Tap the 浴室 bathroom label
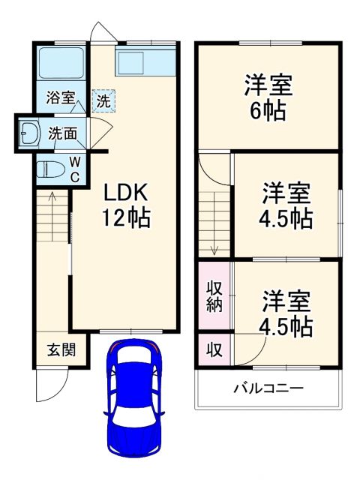click(x=61, y=97)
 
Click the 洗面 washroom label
click(x=62, y=134)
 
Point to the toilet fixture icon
click(x=49, y=167)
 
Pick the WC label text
click(x=76, y=169)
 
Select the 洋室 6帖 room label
click(x=268, y=97)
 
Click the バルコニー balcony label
click(x=268, y=388)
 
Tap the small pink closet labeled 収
click(x=214, y=349)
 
